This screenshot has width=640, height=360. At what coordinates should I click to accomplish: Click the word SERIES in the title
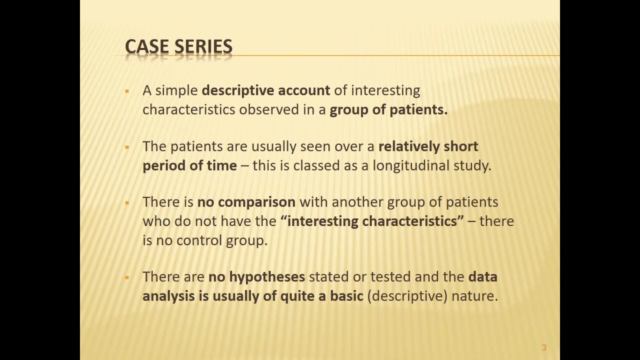pos(203,46)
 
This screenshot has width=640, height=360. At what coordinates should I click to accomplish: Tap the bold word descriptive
pos(237,90)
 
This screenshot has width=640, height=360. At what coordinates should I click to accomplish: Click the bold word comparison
pos(256,202)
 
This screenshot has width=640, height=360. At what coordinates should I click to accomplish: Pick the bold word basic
pos(346,296)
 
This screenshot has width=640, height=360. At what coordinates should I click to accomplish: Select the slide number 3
pos(544,347)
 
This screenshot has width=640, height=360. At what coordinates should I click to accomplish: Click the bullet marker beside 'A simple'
pos(127,91)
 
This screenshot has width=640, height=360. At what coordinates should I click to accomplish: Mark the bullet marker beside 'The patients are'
pos(127,147)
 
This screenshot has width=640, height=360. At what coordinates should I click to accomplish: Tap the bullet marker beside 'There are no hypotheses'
pos(127,277)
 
